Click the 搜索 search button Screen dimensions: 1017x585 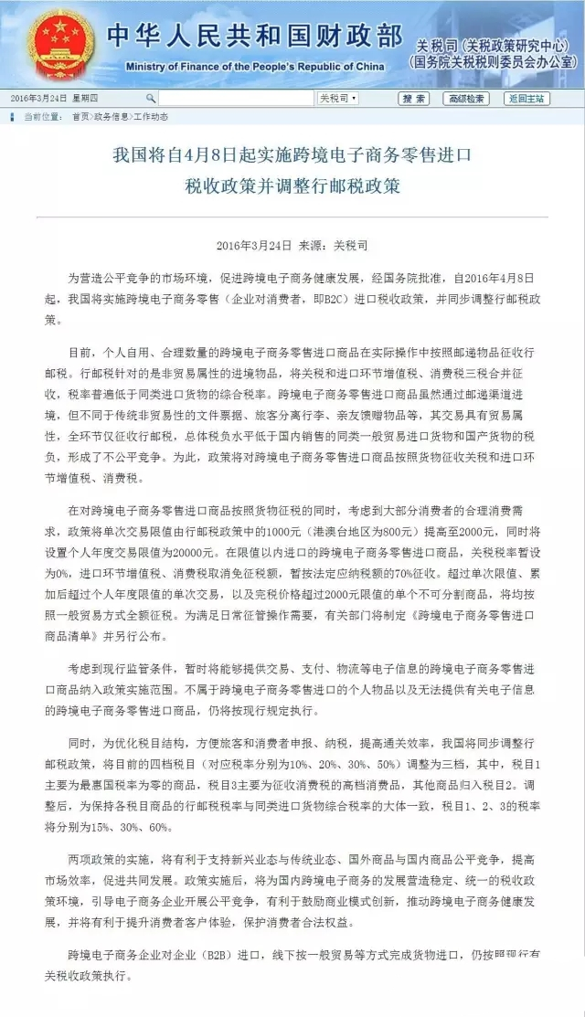coord(414,98)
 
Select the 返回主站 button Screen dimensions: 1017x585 coord(527,98)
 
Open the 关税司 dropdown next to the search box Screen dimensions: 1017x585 coord(337,98)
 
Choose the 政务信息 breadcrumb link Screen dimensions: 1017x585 coord(112,116)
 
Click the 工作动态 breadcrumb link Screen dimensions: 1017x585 coord(151,116)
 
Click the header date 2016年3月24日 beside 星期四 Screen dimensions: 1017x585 coord(34,98)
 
